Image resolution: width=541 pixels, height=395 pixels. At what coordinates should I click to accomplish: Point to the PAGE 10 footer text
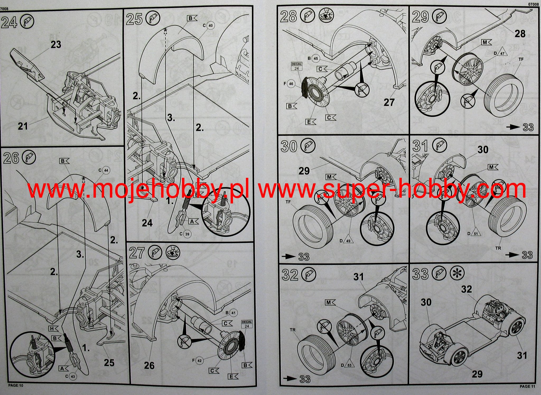(x=16, y=385)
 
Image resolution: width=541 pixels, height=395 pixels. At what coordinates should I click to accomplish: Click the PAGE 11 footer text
(x=527, y=387)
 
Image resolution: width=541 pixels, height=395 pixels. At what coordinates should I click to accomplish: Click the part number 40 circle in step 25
(x=211, y=26)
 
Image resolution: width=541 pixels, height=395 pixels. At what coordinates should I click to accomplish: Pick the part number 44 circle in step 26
(x=106, y=170)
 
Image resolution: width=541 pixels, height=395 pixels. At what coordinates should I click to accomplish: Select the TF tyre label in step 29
(x=521, y=60)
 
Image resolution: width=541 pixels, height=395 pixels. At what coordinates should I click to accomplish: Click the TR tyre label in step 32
(x=292, y=330)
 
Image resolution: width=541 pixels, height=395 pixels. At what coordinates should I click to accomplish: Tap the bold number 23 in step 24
(x=56, y=44)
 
